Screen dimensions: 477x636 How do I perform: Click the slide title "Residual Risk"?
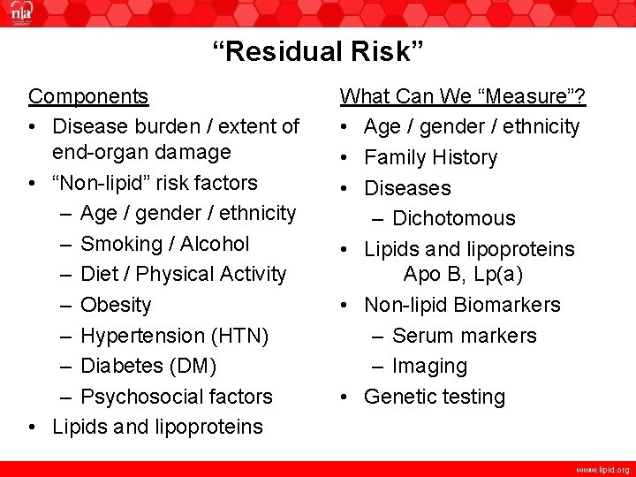coord(318,52)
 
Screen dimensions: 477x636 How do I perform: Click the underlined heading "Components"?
coord(88,95)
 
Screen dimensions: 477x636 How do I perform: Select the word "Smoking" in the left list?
coord(118,244)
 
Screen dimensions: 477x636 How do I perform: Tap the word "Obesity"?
coord(116,305)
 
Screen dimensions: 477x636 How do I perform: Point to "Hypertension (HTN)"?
coord(174,336)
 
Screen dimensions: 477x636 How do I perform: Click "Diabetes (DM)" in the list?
coord(148,366)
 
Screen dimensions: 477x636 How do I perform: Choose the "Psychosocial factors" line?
coord(176,397)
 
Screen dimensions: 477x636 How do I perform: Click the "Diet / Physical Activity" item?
coord(183,274)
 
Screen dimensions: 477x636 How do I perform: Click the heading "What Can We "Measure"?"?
coord(465,95)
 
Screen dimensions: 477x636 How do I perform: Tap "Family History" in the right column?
coord(431,157)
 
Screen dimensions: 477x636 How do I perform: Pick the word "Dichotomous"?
coord(453,218)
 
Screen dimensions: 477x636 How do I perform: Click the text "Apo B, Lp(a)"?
coord(464,275)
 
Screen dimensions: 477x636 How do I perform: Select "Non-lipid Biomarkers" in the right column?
coord(462,305)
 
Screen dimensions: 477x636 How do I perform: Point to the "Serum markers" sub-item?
coord(464,336)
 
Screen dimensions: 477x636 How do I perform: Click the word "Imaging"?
coord(429,366)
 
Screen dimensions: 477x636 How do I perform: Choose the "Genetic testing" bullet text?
coord(435,397)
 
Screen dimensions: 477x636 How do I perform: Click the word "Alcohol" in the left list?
coord(216,244)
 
